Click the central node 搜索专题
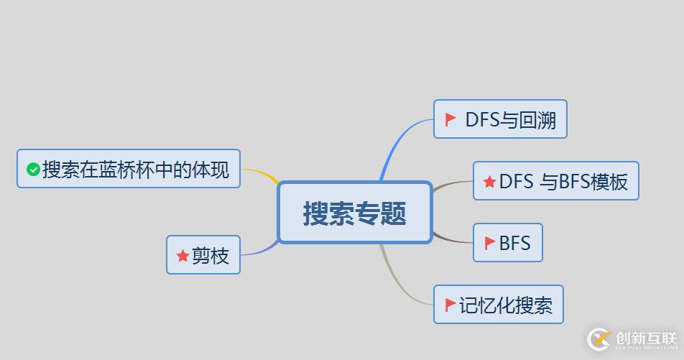(354, 213)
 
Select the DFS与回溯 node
(500, 119)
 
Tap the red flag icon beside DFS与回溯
(450, 119)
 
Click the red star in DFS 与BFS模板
(489, 182)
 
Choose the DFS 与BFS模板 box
(555, 181)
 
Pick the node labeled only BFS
(507, 243)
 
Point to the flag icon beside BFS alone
(490, 243)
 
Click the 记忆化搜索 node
(498, 305)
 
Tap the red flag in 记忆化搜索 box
(450, 305)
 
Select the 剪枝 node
(203, 255)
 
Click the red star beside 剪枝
(182, 256)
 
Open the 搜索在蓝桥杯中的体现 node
(128, 170)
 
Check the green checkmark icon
(33, 170)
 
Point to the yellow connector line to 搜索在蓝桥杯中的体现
(260, 173)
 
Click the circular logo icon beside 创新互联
(598, 339)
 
